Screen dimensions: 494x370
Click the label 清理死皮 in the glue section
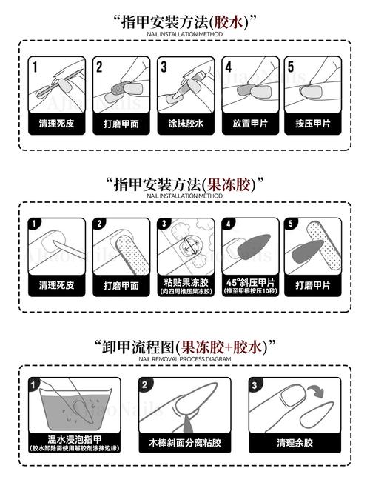[55, 124]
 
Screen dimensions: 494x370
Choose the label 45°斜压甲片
[250, 282]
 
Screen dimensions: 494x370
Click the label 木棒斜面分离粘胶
[184, 443]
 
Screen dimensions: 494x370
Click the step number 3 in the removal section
[255, 385]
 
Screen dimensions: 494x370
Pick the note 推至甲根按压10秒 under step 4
[250, 291]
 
